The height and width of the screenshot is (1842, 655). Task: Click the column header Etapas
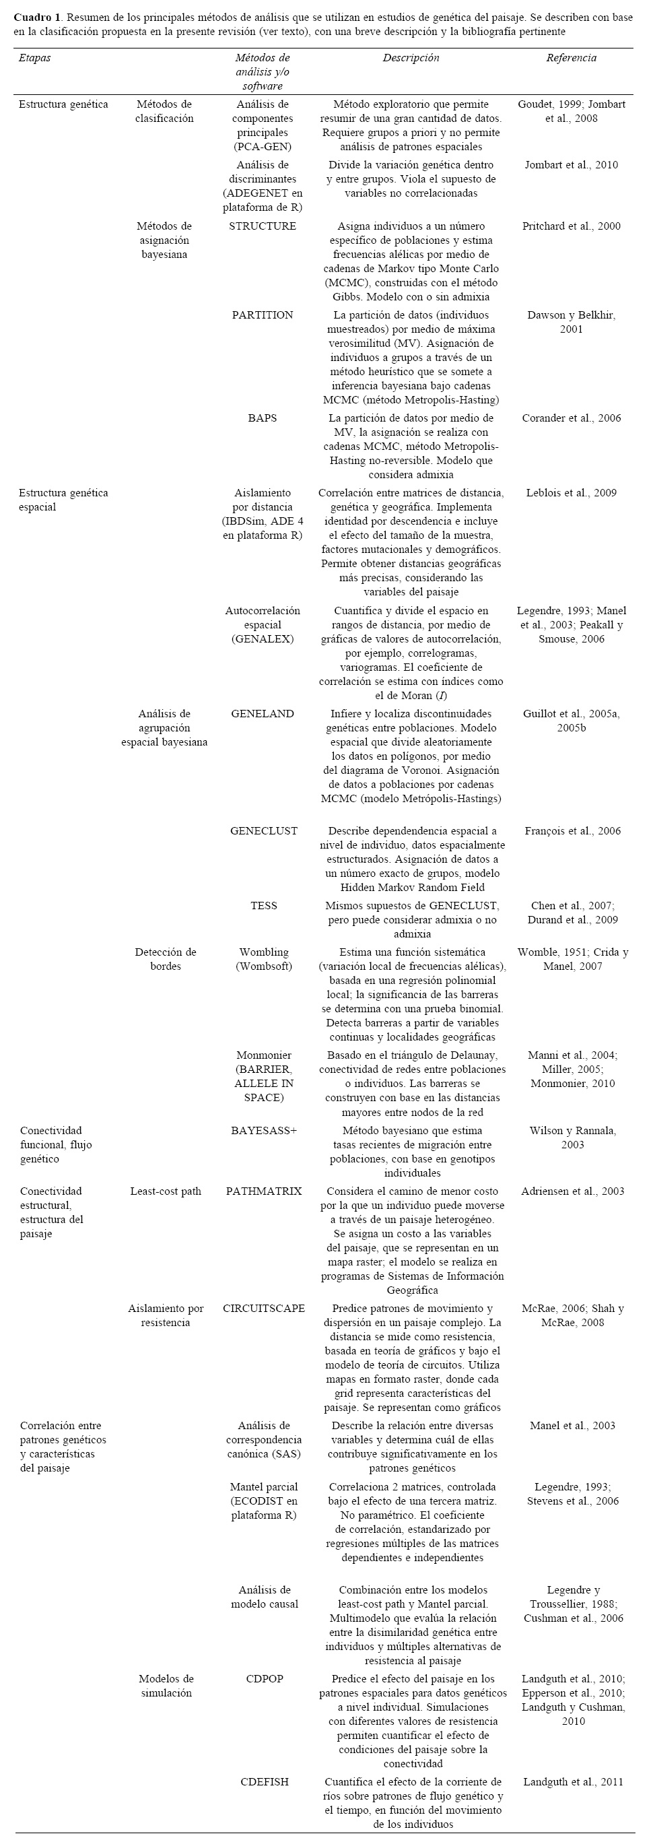(x=34, y=58)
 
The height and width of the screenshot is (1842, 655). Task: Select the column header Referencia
(x=571, y=58)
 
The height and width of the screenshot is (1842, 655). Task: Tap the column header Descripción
(x=411, y=58)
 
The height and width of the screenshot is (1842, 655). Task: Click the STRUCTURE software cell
(x=263, y=226)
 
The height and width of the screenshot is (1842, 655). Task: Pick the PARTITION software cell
(x=263, y=315)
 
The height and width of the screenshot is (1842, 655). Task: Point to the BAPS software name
(x=263, y=418)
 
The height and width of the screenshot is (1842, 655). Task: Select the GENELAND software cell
(x=263, y=713)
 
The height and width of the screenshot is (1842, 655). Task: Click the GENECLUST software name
(x=264, y=830)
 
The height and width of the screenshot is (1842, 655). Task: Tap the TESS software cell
(x=264, y=905)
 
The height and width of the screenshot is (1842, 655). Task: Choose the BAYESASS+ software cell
(x=264, y=1130)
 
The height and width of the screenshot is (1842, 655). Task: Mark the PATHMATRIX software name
(x=264, y=1191)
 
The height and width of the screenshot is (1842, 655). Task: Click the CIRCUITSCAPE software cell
(x=264, y=1308)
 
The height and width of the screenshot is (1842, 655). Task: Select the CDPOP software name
(x=264, y=1678)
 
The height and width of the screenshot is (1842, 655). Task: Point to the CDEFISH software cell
(x=264, y=1781)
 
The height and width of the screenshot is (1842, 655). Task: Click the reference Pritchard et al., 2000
(x=571, y=226)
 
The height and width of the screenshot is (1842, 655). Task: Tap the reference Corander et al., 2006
(x=571, y=418)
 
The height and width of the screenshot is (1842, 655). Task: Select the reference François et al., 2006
(x=572, y=830)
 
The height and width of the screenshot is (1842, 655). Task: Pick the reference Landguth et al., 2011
(x=572, y=1781)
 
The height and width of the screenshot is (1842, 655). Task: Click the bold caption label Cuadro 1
(x=37, y=17)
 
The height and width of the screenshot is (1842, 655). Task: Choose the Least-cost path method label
(x=165, y=1191)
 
